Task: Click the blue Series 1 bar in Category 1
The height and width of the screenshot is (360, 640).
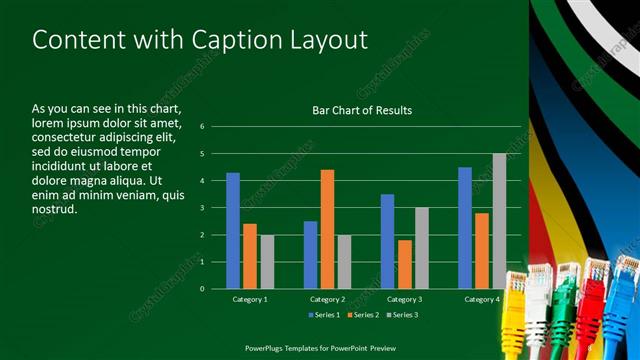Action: (x=233, y=230)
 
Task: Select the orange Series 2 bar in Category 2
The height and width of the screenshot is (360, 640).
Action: (x=327, y=228)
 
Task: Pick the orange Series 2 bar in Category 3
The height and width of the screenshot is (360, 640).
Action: (x=405, y=264)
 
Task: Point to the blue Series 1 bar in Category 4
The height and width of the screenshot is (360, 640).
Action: (x=465, y=227)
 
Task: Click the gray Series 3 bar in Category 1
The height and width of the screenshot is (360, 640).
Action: (x=267, y=261)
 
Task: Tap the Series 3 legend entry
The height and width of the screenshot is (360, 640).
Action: (x=400, y=315)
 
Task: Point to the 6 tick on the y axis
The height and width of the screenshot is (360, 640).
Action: (x=202, y=127)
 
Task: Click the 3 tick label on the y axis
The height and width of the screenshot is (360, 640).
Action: (x=202, y=208)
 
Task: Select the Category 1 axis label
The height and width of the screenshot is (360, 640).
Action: (x=250, y=299)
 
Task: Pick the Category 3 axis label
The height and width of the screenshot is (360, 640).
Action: (x=404, y=299)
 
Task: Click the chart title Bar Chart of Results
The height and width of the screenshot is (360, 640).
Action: (x=362, y=110)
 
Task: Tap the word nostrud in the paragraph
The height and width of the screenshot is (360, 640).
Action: (x=55, y=210)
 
